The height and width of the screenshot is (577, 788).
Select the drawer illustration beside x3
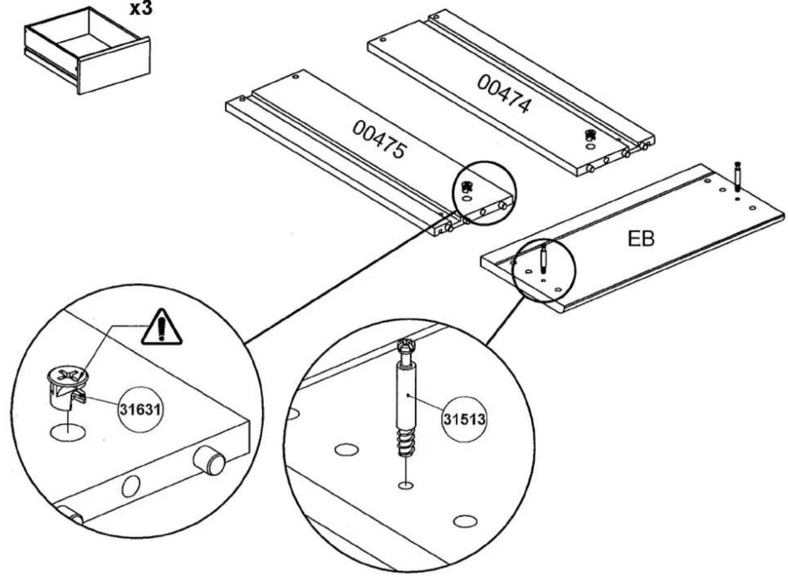(87, 50)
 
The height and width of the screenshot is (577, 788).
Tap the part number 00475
(380, 139)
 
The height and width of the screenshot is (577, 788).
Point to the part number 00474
(504, 94)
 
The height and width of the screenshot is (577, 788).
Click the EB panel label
(641, 239)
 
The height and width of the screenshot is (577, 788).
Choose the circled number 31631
(140, 410)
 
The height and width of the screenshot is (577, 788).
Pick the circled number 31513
(465, 419)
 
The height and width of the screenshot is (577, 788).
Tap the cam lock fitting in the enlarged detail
(67, 387)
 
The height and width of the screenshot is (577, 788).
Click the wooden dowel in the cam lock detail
(209, 460)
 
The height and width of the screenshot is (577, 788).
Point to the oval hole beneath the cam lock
(68, 432)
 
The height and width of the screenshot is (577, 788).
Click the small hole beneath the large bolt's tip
(405, 486)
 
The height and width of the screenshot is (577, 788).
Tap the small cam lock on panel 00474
(590, 135)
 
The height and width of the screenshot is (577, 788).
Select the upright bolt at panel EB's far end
(737, 177)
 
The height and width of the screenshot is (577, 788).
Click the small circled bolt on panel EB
(543, 259)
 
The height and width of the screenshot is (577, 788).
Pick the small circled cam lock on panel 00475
(466, 186)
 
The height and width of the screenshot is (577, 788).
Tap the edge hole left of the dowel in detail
(131, 486)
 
